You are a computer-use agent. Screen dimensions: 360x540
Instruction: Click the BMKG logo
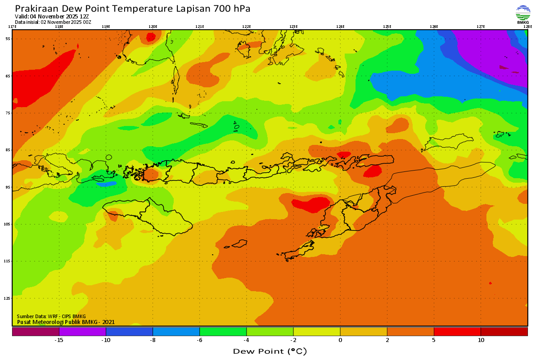coord(523,13)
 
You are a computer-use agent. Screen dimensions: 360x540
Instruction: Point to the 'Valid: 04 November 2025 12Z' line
coord(52,17)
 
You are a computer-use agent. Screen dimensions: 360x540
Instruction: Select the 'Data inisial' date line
coord(53,22)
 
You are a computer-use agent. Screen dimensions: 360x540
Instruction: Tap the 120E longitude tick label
coord(153,27)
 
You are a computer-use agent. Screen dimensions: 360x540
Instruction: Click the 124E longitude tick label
coord(340,27)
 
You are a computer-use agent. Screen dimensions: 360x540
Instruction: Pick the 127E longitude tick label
coord(481,27)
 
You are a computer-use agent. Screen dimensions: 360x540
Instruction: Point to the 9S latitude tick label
coord(8,187)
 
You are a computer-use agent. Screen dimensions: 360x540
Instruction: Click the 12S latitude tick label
coord(8,298)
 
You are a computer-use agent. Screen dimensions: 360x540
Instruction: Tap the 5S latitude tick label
coord(8,39)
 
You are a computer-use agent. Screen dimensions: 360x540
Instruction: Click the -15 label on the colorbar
coord(59,340)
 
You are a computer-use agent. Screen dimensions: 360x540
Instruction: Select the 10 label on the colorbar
coord(481,340)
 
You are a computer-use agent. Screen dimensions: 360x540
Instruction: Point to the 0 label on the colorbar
coord(340,340)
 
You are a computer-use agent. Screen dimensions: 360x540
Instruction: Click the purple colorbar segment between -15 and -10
coord(82,332)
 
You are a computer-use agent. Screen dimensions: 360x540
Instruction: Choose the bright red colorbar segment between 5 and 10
coord(457,332)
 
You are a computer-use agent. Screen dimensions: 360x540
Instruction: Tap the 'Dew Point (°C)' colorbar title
coord(270,351)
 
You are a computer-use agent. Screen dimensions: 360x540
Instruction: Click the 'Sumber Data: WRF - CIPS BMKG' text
coord(51,316)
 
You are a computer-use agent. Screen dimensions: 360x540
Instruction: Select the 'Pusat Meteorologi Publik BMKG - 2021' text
coord(66,322)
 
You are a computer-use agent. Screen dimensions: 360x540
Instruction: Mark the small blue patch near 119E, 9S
coord(106,184)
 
